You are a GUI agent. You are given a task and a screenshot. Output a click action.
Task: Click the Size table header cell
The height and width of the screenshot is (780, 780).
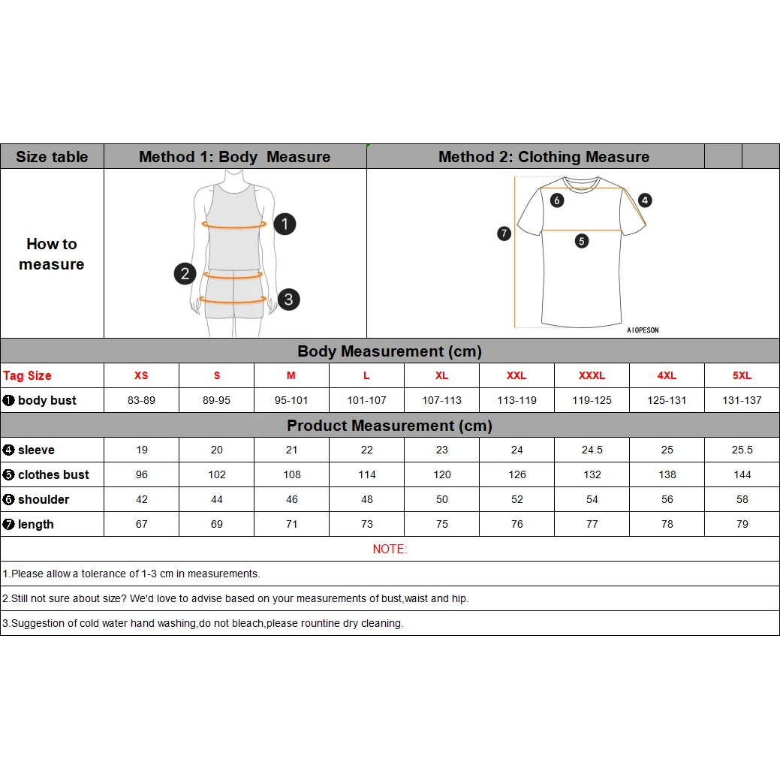(52, 157)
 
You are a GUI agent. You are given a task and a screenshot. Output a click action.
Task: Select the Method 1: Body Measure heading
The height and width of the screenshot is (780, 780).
(234, 157)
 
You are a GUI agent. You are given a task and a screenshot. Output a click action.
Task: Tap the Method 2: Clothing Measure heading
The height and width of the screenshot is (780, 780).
(544, 157)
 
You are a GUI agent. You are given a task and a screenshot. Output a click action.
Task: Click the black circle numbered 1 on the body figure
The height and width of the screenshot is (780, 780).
(285, 224)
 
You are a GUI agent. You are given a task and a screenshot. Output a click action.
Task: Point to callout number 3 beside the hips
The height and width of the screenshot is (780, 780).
(288, 300)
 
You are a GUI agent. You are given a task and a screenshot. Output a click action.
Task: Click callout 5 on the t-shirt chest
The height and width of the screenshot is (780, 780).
(582, 241)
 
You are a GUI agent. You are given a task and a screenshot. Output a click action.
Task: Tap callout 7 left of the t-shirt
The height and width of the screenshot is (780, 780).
(504, 233)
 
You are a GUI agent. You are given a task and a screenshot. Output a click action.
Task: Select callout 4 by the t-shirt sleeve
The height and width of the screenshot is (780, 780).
(646, 200)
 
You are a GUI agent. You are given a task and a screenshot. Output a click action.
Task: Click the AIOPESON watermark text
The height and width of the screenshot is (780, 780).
(643, 330)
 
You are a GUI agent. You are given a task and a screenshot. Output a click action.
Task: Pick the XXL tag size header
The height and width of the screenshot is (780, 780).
(516, 375)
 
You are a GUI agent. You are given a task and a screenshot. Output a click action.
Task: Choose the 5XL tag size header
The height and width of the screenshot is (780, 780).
(742, 375)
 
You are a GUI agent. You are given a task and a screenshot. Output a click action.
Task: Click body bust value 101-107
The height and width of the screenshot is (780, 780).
(366, 400)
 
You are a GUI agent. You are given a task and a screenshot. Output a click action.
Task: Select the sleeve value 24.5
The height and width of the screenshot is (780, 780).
(592, 450)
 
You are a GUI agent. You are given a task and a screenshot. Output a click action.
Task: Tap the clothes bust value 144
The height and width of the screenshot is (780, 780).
(742, 474)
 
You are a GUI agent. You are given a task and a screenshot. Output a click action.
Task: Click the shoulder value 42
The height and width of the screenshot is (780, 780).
(142, 499)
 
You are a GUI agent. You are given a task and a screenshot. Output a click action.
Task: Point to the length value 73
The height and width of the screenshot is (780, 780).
(366, 524)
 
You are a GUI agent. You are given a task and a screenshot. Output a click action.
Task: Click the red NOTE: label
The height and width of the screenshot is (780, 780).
(390, 549)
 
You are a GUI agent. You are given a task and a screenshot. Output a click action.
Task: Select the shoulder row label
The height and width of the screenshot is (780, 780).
(43, 499)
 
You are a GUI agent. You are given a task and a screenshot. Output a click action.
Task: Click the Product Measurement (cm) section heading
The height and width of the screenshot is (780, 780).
(390, 426)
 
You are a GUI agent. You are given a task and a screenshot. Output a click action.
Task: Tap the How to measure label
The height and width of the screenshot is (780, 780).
(52, 254)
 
